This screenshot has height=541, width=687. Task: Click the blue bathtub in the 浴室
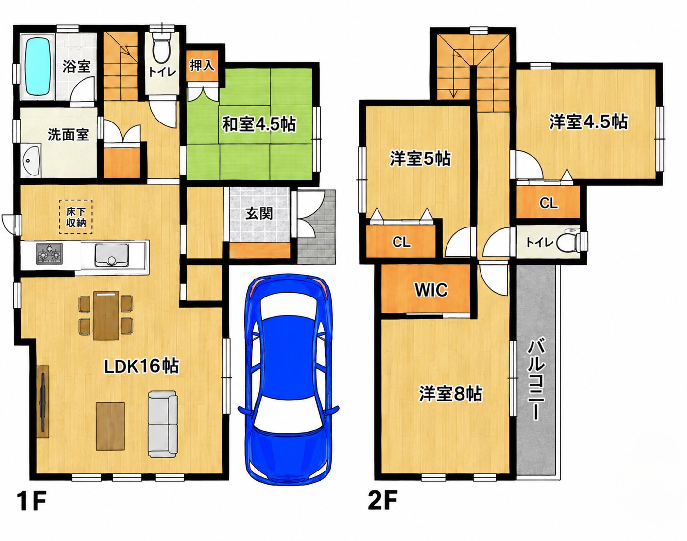coord(38,67)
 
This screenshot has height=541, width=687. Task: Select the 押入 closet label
coord(202,66)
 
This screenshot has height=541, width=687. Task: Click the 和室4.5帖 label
coord(259,124)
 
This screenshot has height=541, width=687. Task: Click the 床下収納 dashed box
coord(76,217)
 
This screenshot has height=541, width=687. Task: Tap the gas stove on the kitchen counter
coord(50,254)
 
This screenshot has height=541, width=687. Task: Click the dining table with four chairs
coord(105,315)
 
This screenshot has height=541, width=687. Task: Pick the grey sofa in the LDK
coord(162,424)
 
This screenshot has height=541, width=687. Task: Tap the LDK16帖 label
coord(142,366)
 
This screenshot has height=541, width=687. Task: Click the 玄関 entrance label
coord(259,213)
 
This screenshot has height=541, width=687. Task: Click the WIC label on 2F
coord(431,290)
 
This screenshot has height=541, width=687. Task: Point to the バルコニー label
coord(535,381)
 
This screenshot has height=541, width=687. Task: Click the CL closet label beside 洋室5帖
coord(401,243)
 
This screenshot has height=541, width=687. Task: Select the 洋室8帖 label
coord(450,394)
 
